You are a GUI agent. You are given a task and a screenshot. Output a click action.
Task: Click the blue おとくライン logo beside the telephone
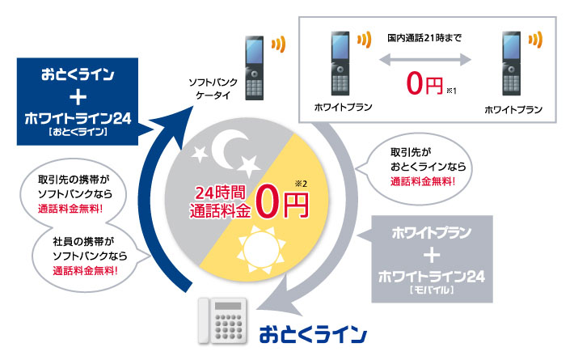point(313,332)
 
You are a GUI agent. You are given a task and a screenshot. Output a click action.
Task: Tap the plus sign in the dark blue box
point(78,98)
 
